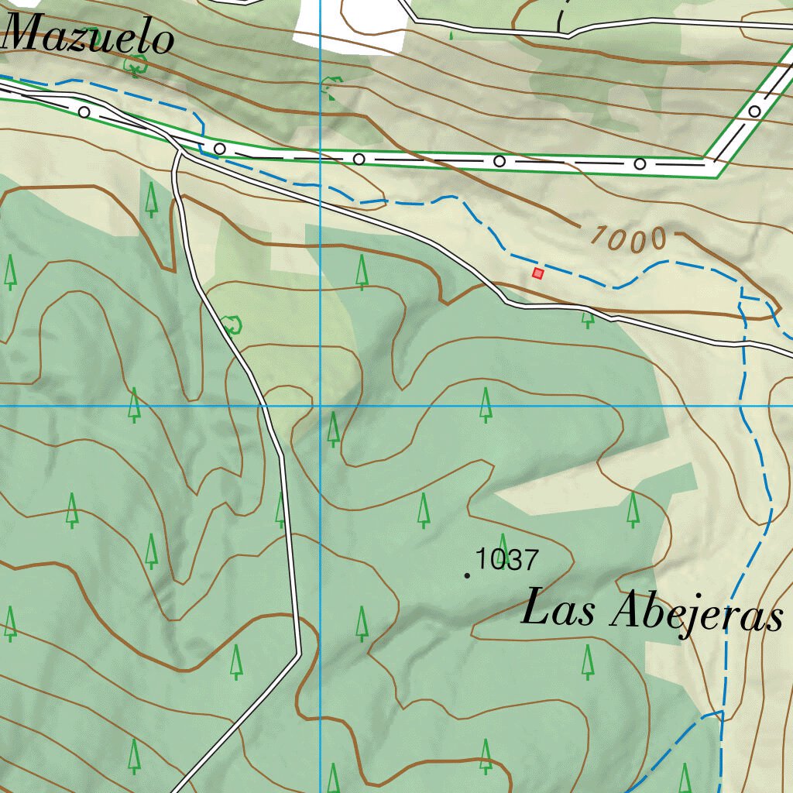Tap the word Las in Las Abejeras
[558, 609]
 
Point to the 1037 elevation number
[506, 558]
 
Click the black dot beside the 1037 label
[467, 575]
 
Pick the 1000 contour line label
[627, 239]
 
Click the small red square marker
[537, 273]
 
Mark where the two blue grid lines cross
[321, 405]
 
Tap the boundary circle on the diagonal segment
[754, 112]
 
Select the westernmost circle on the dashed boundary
[84, 112]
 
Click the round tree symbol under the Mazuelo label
[136, 67]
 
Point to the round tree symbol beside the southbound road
[231, 324]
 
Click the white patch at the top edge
[348, 23]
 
